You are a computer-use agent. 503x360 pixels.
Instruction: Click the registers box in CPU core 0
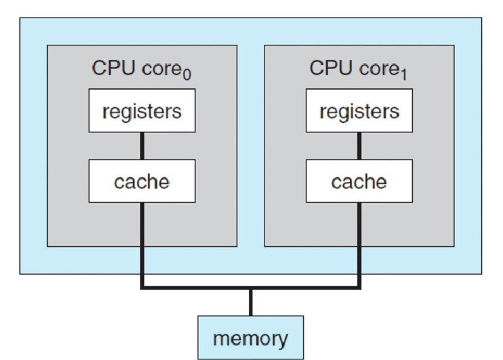[142, 111]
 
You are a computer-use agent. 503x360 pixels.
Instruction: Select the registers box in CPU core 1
[359, 111]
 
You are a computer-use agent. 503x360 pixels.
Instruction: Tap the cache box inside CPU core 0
[142, 181]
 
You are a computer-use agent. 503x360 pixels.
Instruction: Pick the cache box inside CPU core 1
[359, 181]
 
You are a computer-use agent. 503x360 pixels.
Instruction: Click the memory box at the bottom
[251, 337]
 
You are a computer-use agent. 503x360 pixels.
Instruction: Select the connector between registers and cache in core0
[142, 146]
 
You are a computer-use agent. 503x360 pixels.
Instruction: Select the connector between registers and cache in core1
[360, 146]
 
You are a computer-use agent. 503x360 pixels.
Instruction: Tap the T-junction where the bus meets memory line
[251, 288]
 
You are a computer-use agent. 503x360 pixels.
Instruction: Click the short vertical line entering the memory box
[251, 303]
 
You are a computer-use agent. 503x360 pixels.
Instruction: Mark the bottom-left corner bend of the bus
[142, 288]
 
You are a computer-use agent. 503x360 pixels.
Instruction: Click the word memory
[251, 338]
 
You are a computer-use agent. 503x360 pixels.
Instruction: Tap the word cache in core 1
[359, 182]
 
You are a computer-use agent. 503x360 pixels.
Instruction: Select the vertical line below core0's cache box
[142, 242]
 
